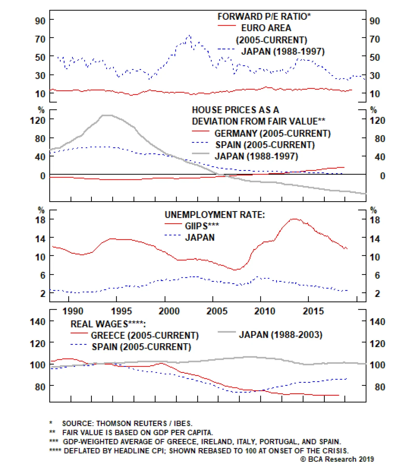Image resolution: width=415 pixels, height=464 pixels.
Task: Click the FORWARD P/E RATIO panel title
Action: tap(264, 17)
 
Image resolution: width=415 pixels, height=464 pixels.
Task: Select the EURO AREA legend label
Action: tap(266, 28)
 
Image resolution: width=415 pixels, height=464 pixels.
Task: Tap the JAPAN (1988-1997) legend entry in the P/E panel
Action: tap(283, 51)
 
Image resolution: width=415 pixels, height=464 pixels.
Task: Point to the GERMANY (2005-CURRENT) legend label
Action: tap(272, 133)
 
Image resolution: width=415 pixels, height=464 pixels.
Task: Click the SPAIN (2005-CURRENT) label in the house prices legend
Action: tap(265, 145)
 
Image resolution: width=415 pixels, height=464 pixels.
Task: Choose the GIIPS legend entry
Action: tap(202, 226)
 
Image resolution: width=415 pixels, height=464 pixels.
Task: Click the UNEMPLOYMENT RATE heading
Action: tap(215, 215)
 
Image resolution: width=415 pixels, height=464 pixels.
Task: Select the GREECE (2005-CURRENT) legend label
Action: tap(144, 335)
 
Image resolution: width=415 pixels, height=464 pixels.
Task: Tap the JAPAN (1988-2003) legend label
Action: tap(281, 335)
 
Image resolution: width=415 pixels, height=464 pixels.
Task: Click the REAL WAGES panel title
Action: tap(108, 324)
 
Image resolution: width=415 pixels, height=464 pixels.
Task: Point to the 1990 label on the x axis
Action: tap(73, 311)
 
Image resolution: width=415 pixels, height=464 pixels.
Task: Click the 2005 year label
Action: tap(217, 311)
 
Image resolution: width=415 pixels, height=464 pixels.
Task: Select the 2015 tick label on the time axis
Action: tap(313, 311)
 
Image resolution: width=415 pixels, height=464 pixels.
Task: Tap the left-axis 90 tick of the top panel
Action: tap(40, 21)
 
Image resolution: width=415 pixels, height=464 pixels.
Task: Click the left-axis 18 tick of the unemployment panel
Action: tap(40, 220)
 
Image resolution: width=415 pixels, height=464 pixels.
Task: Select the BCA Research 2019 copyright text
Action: tap(337, 459)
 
